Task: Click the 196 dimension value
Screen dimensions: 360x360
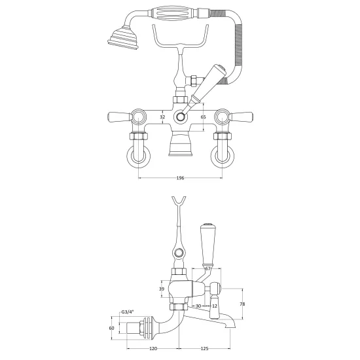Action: (x=180, y=178)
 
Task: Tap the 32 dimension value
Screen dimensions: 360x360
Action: (x=162, y=117)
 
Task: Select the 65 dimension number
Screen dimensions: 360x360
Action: (x=203, y=117)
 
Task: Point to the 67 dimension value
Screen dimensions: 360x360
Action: (x=207, y=268)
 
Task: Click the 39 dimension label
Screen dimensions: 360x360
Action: (x=162, y=289)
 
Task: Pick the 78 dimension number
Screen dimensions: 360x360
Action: (x=242, y=304)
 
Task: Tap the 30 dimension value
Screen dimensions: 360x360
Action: (x=198, y=306)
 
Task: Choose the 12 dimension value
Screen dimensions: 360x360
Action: (x=215, y=306)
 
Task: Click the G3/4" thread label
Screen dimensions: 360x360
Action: (x=128, y=312)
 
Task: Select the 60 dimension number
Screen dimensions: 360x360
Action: (x=111, y=329)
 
